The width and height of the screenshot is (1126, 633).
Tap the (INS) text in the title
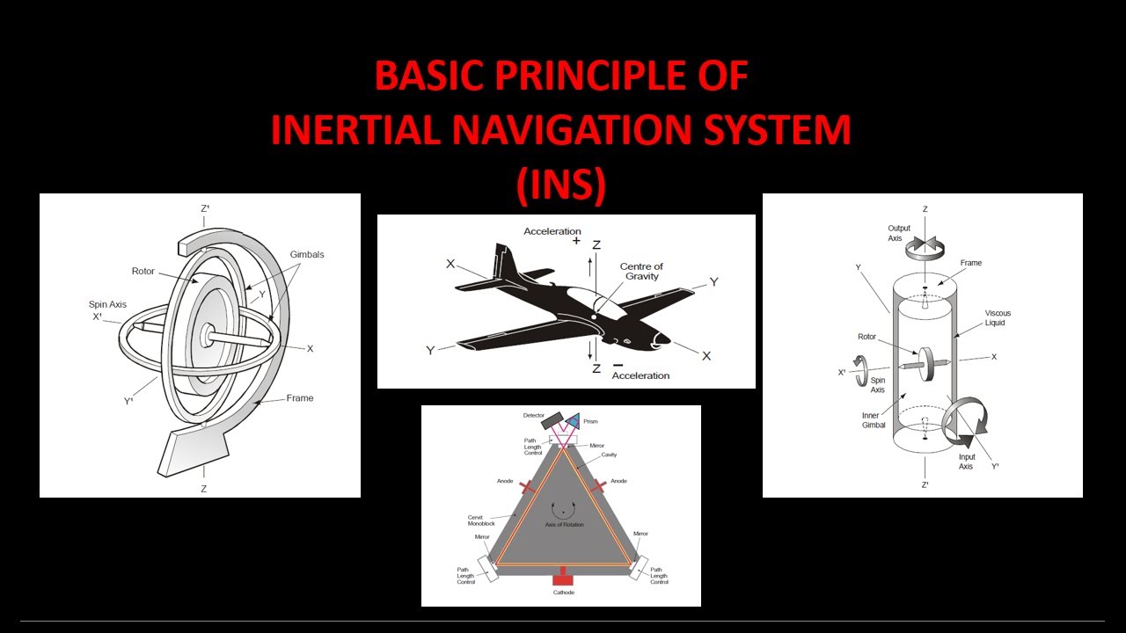point(561,184)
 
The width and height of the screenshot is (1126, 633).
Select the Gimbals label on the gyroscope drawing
point(306,255)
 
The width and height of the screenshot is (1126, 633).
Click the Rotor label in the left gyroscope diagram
point(143,271)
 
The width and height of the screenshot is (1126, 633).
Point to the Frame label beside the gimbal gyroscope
point(299,398)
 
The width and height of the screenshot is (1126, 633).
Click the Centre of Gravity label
point(641,272)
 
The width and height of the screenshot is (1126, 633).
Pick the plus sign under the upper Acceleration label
point(576,241)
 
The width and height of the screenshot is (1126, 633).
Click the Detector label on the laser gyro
point(534,415)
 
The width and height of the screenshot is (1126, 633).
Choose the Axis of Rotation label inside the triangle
point(564,525)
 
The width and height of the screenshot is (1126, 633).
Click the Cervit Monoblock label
point(481,520)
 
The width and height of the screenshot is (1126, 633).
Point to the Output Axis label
point(899,234)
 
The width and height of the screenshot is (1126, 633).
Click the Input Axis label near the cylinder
point(966,462)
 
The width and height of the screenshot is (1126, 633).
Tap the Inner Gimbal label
point(875,420)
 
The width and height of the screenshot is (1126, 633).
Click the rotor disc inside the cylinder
point(926,364)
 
